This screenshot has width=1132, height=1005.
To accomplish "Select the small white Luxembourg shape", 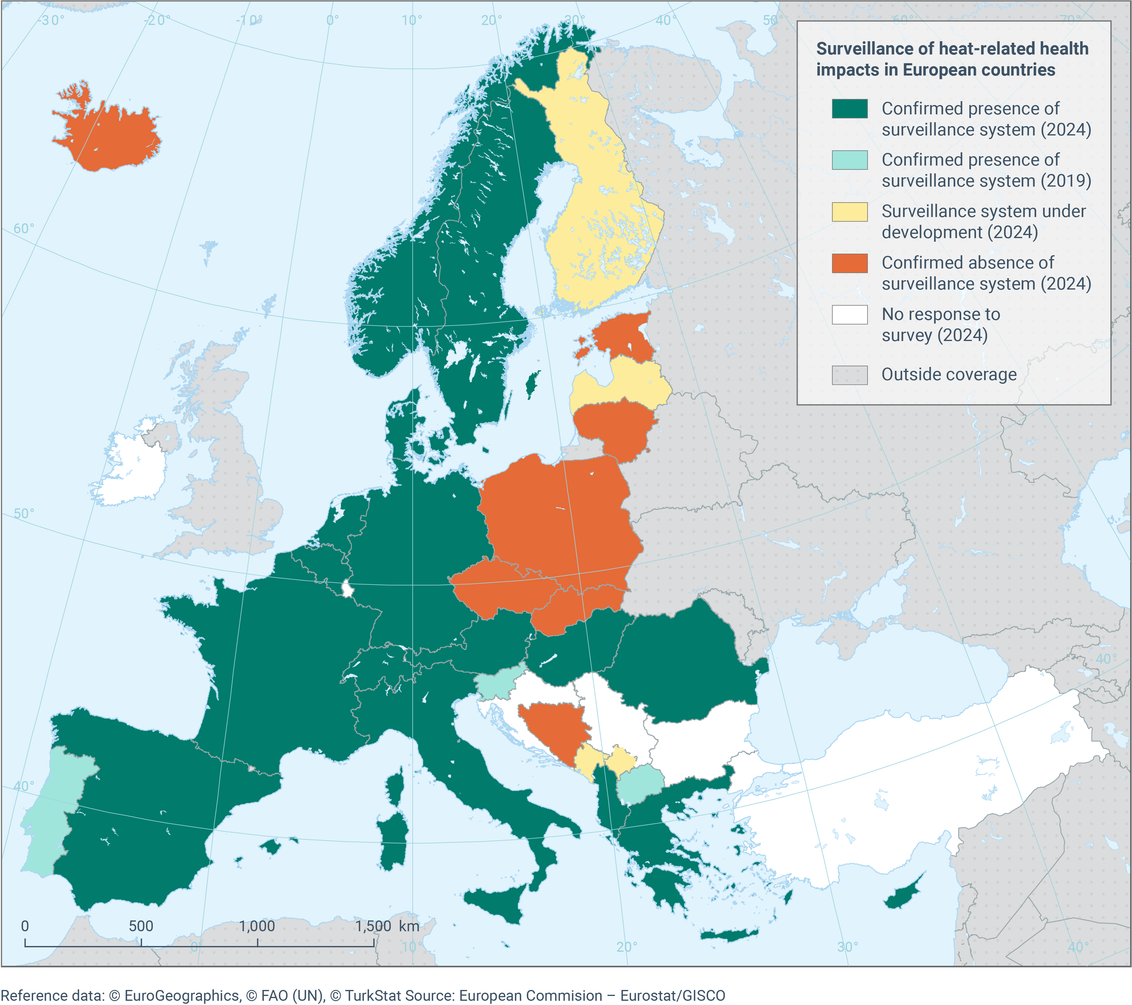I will (348, 589).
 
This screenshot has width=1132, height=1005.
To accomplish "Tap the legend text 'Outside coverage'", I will (949, 375).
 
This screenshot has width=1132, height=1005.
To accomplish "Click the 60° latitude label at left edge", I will (23, 228).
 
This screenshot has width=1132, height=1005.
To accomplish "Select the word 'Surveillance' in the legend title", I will (864, 49).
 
